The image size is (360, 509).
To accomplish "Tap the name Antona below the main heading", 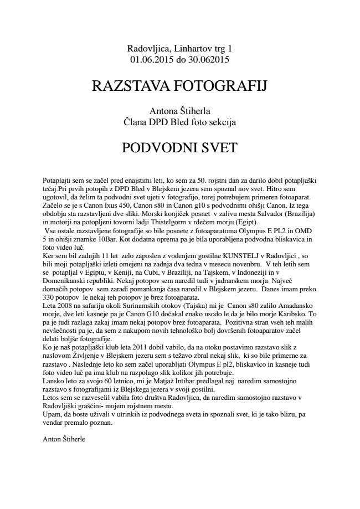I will (x=164, y=111).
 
